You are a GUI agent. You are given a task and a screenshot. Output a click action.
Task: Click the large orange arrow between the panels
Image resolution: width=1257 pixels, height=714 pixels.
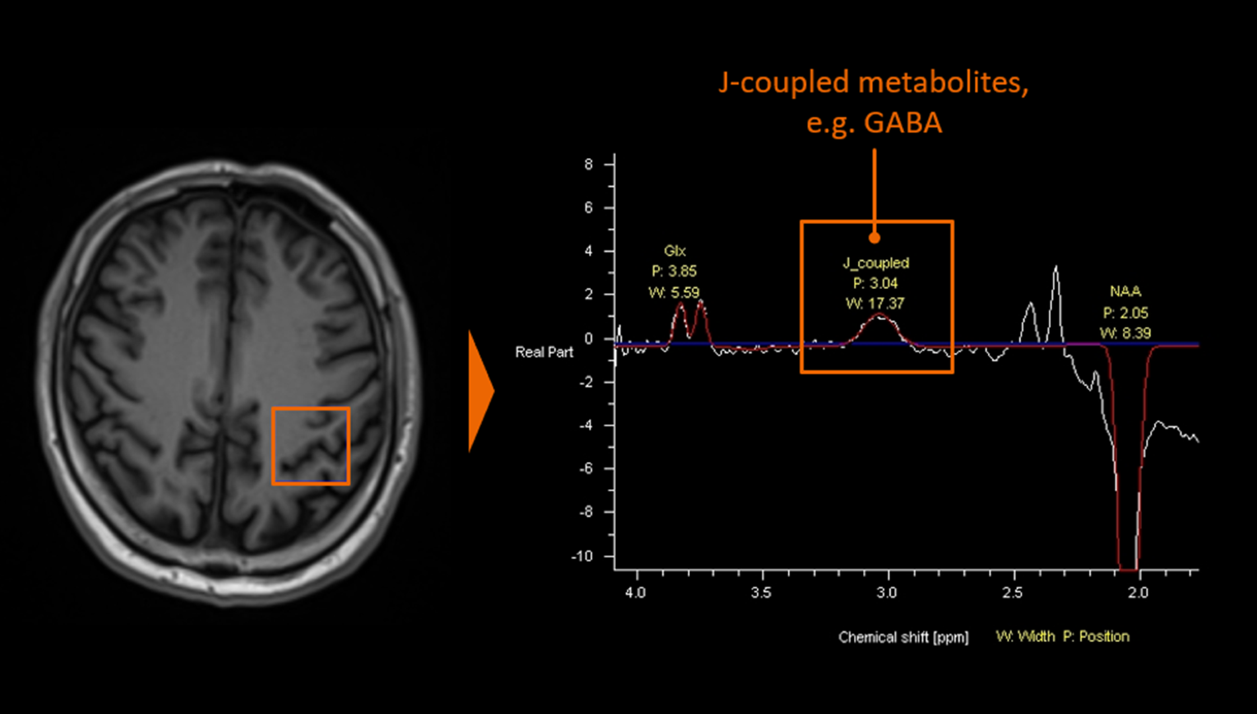coord(480,391)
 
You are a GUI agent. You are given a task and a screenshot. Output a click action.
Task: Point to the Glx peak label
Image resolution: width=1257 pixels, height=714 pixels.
coord(675,251)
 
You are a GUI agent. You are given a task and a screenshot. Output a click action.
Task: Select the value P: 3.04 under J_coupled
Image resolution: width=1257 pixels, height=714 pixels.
coord(875,284)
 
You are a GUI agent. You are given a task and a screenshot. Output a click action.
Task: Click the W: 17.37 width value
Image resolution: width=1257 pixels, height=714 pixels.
coord(875,303)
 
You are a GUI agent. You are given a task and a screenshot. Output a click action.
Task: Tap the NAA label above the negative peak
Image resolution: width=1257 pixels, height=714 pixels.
coord(1125,292)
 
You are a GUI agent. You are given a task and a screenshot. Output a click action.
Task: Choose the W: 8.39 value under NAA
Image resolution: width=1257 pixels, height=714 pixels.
coord(1125,333)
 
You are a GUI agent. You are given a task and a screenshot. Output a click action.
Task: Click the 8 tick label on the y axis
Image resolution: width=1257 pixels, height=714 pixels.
coord(588,164)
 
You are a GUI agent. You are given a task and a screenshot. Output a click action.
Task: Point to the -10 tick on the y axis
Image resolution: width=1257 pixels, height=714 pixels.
coord(582,556)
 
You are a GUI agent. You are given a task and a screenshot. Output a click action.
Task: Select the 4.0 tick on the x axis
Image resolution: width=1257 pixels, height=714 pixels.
coord(635,592)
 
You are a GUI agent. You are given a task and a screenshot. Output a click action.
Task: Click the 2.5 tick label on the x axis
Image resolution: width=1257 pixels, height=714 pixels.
coord(1012,592)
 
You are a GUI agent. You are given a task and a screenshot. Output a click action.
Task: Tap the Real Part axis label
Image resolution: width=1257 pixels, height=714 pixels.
coord(544,352)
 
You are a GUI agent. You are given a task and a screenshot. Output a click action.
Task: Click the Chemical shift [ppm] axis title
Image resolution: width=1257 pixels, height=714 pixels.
coord(903,637)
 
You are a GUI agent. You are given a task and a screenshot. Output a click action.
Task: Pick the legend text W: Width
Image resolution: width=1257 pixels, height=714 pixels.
coord(1025,637)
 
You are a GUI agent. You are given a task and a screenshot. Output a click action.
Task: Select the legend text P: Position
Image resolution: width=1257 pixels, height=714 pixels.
coord(1096,637)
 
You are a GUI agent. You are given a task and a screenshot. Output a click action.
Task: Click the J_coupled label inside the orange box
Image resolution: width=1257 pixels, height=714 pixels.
coord(876,263)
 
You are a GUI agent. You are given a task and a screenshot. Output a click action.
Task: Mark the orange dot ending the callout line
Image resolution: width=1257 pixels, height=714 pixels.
coord(874,238)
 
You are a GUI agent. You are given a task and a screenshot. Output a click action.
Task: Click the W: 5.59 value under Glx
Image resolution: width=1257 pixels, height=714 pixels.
coord(673,292)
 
